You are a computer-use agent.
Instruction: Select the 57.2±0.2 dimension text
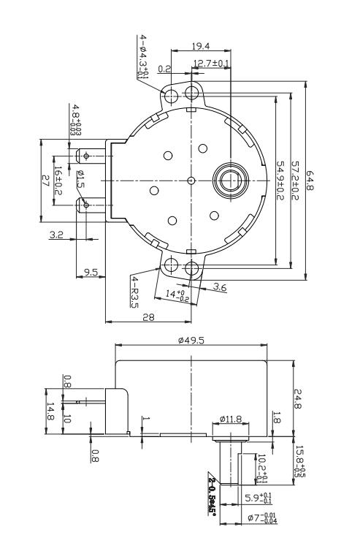pyautogui.click(x=296, y=178)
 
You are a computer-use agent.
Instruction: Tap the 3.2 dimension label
pyautogui.click(x=56, y=235)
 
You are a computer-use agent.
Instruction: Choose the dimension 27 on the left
pyautogui.click(x=45, y=181)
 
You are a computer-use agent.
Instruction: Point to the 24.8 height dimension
pyautogui.click(x=298, y=399)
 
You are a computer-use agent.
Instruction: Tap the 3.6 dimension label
pyautogui.click(x=219, y=288)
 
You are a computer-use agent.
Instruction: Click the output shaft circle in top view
pyautogui.click(x=229, y=179)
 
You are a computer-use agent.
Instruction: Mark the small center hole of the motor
pyautogui.click(x=191, y=179)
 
